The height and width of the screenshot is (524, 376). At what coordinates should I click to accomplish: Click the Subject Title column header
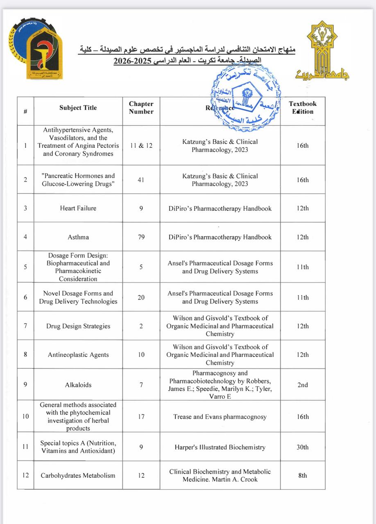coord(78,108)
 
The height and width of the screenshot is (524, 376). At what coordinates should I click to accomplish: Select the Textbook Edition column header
coord(303,108)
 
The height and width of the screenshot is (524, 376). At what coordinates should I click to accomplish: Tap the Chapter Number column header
coord(141,108)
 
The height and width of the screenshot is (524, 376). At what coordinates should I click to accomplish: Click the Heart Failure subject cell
coord(78,208)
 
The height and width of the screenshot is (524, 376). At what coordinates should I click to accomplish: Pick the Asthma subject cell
coord(78,237)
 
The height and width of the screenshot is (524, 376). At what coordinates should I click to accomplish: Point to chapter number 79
coord(141,237)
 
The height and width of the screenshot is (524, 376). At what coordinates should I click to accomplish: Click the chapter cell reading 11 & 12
coord(141,145)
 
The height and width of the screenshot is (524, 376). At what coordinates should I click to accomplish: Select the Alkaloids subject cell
coord(78,385)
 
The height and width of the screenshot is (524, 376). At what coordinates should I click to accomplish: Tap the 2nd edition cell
coord(303,385)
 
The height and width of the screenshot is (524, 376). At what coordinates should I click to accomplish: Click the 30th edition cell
coord(303,447)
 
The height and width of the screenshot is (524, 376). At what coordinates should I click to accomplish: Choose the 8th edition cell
coord(303,475)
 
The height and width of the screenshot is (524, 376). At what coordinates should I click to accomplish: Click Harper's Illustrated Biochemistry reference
coord(220,447)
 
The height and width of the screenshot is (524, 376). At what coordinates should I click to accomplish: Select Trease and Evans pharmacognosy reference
coord(220,417)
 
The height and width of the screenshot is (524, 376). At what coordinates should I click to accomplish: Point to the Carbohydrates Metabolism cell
coord(78,475)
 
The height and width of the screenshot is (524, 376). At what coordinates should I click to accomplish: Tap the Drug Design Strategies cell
coord(78,326)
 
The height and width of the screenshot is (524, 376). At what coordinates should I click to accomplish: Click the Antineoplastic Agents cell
coord(78,355)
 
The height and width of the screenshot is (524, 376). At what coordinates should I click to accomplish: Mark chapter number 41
coord(141,180)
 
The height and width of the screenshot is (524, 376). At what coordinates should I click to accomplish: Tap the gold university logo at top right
coord(322,51)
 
